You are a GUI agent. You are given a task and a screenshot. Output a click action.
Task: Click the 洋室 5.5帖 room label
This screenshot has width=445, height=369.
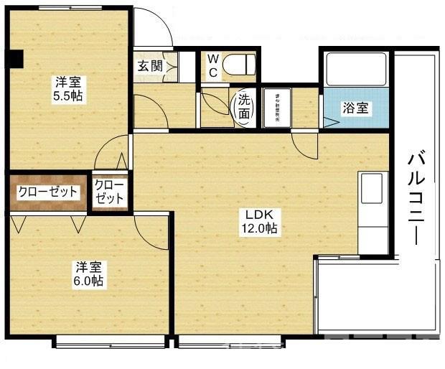[x=69, y=88]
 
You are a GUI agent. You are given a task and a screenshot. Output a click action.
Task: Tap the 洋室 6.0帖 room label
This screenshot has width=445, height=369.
[x=89, y=274]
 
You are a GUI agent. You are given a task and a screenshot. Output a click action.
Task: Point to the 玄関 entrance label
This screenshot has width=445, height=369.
[x=150, y=67]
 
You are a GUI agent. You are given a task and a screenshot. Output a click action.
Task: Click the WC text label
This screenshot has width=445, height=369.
[x=213, y=65]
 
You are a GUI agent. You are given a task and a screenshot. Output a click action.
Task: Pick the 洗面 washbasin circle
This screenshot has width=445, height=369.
[x=244, y=108]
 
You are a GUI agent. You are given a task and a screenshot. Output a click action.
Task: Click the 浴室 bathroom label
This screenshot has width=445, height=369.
[x=355, y=108]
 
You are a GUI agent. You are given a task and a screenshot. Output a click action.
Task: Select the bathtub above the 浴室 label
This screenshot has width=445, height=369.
[x=355, y=70]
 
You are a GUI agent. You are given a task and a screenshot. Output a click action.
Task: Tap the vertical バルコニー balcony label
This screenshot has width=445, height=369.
[x=416, y=198]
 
